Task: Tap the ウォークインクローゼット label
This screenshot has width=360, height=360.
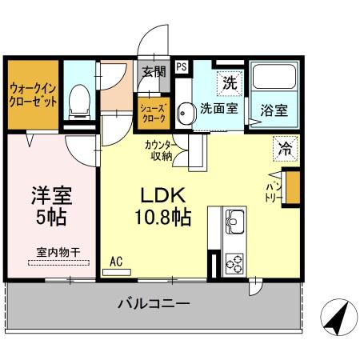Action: [32, 95]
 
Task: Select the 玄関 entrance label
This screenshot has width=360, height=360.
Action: [154, 71]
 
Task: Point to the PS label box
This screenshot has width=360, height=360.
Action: [182, 67]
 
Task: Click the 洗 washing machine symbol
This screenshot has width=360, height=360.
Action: [230, 82]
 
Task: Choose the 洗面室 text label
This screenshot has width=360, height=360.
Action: [218, 109]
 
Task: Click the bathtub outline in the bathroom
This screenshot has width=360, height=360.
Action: [274, 81]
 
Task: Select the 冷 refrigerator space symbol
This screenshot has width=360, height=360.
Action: [283, 146]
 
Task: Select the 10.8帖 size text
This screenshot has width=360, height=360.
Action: [166, 217]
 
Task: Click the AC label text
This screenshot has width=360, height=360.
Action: [116, 260]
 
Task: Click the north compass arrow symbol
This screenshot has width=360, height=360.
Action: [335, 319]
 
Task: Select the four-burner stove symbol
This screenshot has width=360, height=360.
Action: [235, 262]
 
